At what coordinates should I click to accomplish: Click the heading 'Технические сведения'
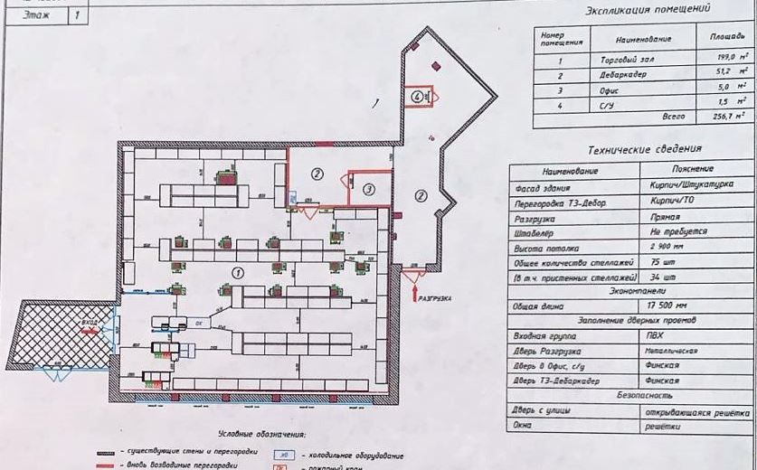coord(643,150)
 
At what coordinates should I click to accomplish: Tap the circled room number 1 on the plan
coord(237,270)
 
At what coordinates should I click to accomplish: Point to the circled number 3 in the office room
coord(369,189)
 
